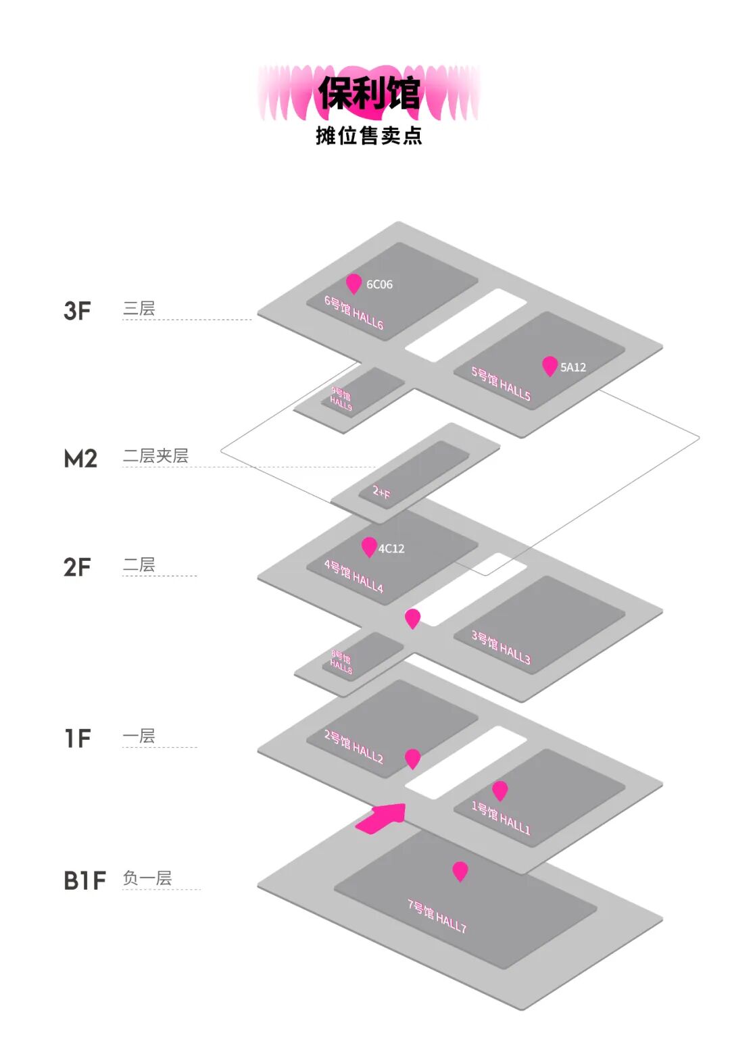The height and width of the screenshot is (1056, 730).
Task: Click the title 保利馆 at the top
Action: [x=369, y=93]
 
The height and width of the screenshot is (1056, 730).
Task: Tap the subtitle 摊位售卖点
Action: [x=369, y=136]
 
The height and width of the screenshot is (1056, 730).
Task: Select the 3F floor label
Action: [x=77, y=311]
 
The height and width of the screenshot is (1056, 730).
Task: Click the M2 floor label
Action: [x=80, y=459]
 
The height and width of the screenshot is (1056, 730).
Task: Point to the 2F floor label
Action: [x=77, y=568]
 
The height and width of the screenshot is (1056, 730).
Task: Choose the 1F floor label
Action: [x=78, y=738]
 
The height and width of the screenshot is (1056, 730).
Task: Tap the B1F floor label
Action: [x=84, y=881]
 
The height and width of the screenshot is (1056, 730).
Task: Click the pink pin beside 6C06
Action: [x=354, y=283]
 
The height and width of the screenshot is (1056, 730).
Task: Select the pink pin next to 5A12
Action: [x=550, y=366]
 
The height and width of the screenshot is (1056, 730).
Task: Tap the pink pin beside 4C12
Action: [x=369, y=546]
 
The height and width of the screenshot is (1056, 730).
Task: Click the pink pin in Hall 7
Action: [x=460, y=870]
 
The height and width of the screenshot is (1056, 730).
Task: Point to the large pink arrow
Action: [x=383, y=818]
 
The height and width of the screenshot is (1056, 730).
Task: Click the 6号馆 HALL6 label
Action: [x=354, y=313]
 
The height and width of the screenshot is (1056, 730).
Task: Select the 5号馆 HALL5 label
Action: [x=501, y=384]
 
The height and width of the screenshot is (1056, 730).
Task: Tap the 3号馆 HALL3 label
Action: [x=501, y=647]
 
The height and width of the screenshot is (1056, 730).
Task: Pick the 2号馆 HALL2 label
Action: [x=354, y=747]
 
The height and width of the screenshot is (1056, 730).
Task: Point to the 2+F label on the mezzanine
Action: [x=381, y=492]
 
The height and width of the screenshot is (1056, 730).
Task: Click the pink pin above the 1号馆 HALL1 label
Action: [x=500, y=790]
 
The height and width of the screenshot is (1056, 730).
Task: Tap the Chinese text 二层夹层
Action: [x=155, y=456]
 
